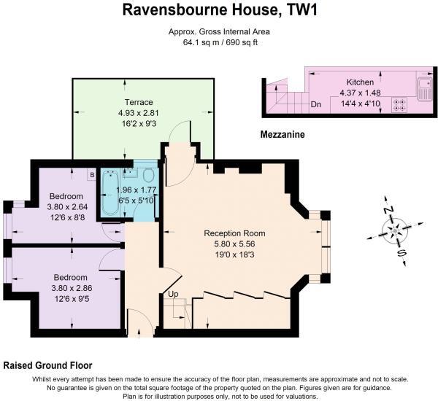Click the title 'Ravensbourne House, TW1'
coord(219,10)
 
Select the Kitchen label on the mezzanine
coord(361,82)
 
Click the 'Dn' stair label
coord(316,104)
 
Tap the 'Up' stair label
coord(173,294)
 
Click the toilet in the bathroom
coord(148,176)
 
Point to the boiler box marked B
coord(92,174)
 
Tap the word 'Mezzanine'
coord(283,135)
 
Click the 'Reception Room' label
coord(234,233)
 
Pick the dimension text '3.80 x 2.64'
coord(66,206)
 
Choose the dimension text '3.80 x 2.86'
coord(70,287)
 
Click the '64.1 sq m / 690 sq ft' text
coord(219,43)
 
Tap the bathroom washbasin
coord(130,173)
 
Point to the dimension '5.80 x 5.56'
coord(234,244)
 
